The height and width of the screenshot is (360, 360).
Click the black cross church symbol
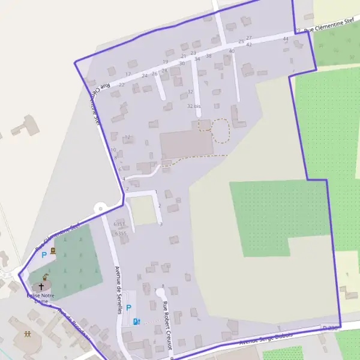[41, 287]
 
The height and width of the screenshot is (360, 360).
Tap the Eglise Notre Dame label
[40, 299]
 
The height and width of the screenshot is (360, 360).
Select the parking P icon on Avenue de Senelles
[128, 308]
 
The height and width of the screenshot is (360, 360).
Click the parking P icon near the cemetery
[44, 254]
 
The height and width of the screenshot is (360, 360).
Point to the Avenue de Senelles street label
[119, 290]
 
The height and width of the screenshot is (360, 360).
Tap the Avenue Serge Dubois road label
[266, 338]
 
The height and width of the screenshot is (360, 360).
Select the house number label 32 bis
[193, 106]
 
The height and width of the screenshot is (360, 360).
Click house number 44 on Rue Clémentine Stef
[286, 39]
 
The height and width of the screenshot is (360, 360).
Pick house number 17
[128, 74]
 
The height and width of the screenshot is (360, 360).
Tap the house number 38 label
[208, 56]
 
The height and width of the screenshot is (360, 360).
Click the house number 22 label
[121, 85]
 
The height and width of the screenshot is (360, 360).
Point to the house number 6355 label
[120, 233]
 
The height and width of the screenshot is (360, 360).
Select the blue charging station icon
[136, 322]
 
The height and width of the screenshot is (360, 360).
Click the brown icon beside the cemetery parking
[53, 250]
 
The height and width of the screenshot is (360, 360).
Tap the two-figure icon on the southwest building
[27, 334]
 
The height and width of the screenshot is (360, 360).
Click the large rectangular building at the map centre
[186, 145]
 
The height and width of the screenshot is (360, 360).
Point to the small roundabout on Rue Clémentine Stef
[100, 208]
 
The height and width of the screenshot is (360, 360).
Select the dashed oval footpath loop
[221, 130]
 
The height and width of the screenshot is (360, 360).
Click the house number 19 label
[165, 62]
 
